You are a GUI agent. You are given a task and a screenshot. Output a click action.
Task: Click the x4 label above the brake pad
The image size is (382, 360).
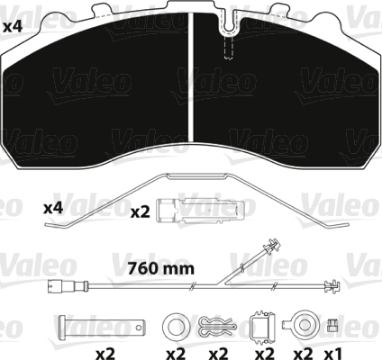point(13,27)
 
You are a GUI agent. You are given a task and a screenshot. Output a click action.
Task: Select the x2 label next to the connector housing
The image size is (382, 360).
point(141,212)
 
